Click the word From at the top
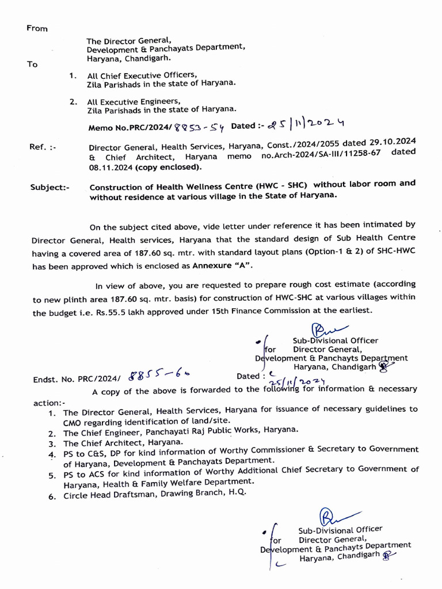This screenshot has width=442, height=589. coord(37,29)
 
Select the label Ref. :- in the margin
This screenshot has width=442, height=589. coord(43,147)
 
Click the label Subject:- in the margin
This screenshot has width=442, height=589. coord(49,188)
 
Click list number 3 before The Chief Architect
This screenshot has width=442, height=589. coord(52,444)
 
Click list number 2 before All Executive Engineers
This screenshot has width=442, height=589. coord(73,101)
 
